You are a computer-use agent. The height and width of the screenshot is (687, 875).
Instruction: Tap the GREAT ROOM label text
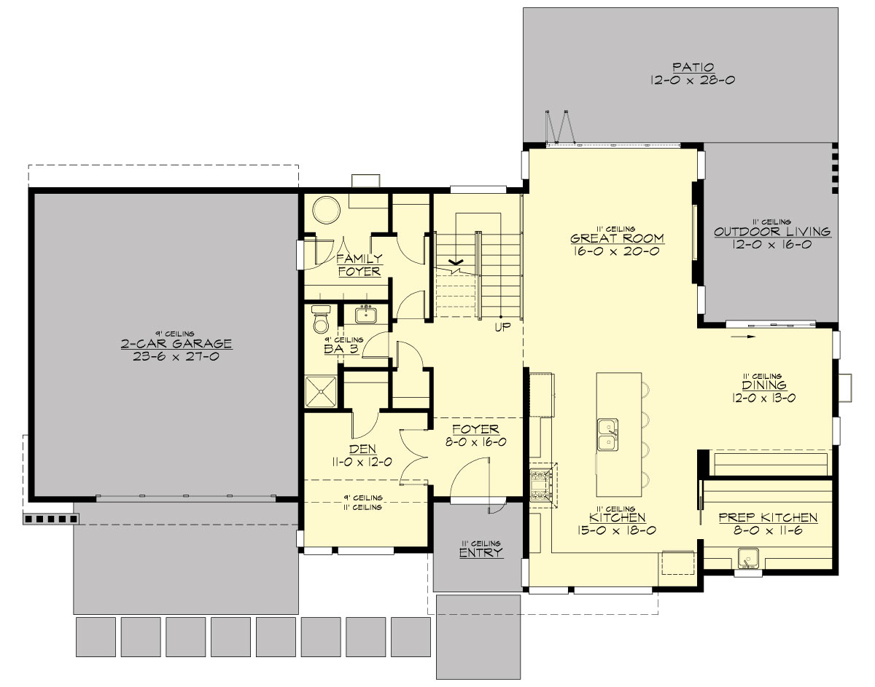pos(617,238)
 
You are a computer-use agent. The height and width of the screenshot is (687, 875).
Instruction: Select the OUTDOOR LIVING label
pos(772,232)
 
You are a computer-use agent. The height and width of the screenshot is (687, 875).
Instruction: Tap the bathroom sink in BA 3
pos(366,315)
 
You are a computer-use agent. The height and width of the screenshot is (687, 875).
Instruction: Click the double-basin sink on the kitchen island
pos(607,435)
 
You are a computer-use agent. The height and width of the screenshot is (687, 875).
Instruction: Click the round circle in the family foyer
pos(325,211)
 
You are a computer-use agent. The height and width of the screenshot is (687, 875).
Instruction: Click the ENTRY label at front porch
pos(481,553)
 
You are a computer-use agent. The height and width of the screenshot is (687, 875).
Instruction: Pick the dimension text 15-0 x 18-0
pos(618,530)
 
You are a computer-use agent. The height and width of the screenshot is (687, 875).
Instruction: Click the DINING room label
pos(763,385)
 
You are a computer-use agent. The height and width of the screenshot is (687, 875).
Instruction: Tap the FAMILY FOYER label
pos(359,264)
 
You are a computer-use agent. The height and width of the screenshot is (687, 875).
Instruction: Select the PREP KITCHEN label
pos(768,518)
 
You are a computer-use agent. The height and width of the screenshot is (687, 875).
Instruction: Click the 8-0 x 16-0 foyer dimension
pos(475,441)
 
